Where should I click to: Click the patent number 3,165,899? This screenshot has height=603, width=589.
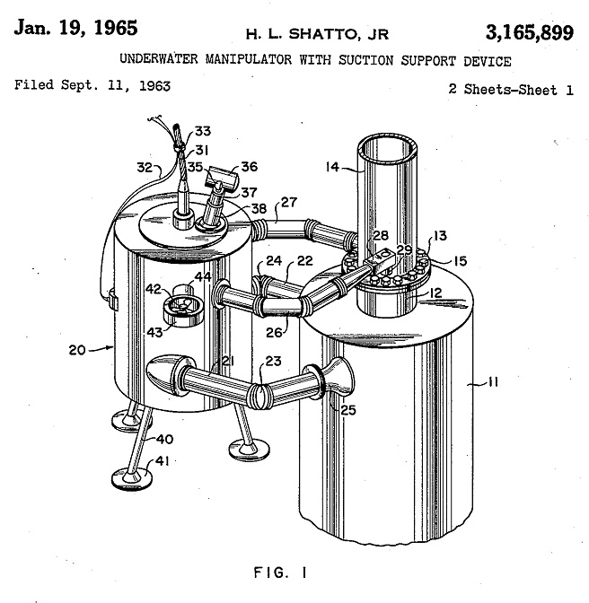530,32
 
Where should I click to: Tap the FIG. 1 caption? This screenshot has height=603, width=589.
280,573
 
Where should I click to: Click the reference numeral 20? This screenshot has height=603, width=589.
77,350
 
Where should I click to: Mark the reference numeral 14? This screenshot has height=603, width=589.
332,167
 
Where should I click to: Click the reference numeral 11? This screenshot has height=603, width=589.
493,382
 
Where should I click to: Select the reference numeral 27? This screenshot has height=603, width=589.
289,202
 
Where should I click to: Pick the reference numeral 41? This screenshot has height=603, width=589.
162,460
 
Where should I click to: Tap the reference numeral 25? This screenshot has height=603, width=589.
348,410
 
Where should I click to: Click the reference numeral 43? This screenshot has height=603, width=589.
154,332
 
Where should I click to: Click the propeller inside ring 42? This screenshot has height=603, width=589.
183,307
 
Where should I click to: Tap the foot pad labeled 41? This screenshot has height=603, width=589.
132,477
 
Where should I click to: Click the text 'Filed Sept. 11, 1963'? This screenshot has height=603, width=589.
92,85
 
